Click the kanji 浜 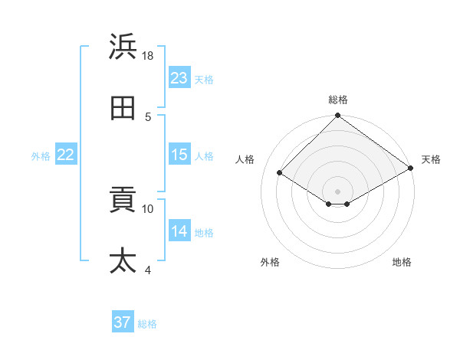123,47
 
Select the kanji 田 123,109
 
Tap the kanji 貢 123,201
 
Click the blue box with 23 179,78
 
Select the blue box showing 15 179,155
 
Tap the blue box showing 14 179,231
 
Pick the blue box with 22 66,155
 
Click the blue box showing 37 123,322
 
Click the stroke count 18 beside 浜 148,56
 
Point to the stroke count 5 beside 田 148,116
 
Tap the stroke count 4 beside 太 148,270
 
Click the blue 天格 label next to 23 204,79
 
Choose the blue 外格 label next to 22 41,155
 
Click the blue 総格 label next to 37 147,324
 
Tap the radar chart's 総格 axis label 338,100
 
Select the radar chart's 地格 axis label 402,262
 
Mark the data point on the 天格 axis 411,169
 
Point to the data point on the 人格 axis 280,173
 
